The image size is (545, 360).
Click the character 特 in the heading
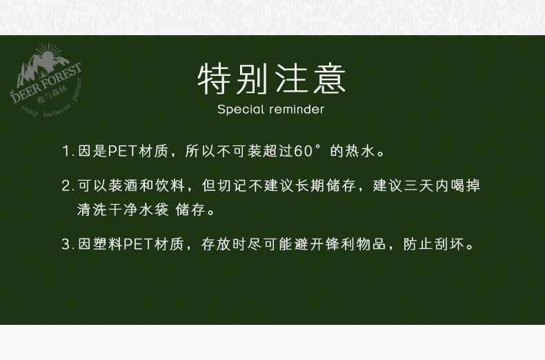click(x=215, y=79)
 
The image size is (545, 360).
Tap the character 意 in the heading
click(x=329, y=79)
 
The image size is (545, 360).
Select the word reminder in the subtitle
click(x=297, y=110)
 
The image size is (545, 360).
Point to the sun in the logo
click(x=48, y=57)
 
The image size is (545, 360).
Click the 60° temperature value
click(x=307, y=151)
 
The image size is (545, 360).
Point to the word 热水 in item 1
click(x=360, y=151)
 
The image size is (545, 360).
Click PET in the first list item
click(x=122, y=151)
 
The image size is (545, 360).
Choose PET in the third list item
click(x=138, y=244)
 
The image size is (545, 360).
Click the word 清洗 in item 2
click(x=92, y=210)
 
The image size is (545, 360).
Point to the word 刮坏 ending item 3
click(x=449, y=244)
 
